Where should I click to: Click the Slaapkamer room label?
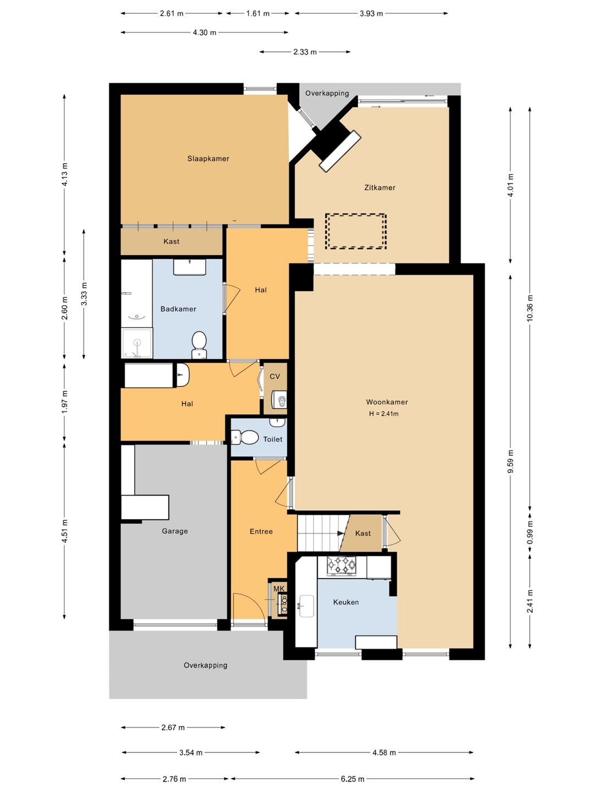(208, 158)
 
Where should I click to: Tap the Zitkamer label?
(380, 188)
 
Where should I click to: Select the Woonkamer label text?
(387, 402)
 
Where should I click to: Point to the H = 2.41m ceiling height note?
(384, 414)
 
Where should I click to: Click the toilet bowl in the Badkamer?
(199, 345)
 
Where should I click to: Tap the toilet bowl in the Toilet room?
(245, 438)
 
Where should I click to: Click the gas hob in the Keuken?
(341, 565)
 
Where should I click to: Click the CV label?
(275, 376)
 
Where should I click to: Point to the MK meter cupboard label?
(279, 589)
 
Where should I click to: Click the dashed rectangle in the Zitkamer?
(356, 232)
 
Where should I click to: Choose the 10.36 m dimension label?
(530, 308)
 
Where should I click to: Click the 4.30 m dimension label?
(205, 32)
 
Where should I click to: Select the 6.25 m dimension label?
(353, 779)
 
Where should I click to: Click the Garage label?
(174, 531)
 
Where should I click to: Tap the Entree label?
(261, 531)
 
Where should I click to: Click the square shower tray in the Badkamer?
(137, 343)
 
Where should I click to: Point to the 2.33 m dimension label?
(305, 52)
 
